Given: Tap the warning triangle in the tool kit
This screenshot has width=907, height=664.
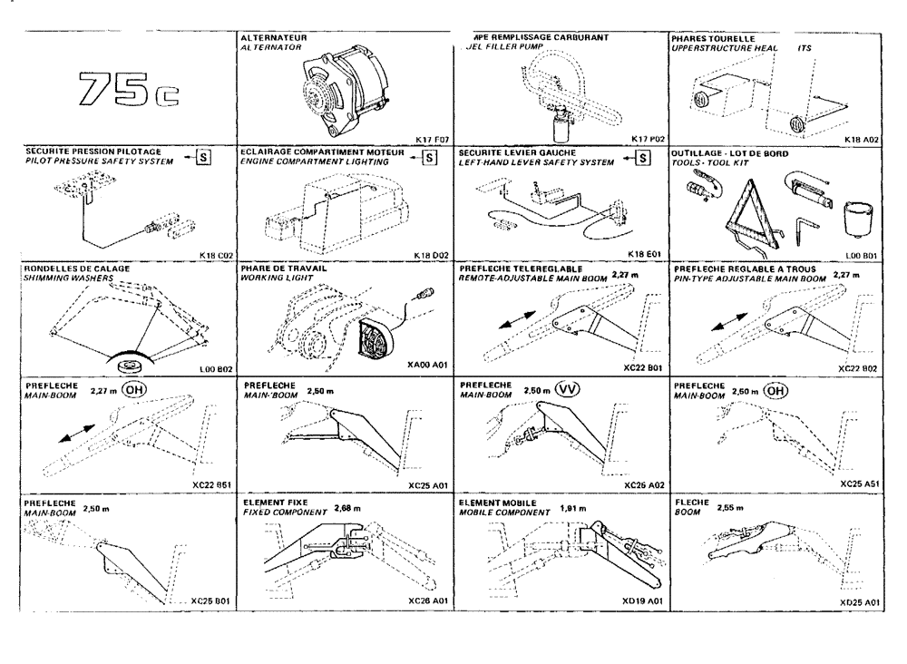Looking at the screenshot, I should point(749,210).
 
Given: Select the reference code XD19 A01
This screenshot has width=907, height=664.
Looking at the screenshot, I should point(644,601).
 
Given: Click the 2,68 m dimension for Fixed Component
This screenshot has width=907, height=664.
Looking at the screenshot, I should point(346,508).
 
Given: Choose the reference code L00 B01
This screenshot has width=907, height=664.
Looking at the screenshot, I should point(859,256).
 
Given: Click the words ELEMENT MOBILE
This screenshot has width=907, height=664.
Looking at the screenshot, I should point(498,502).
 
